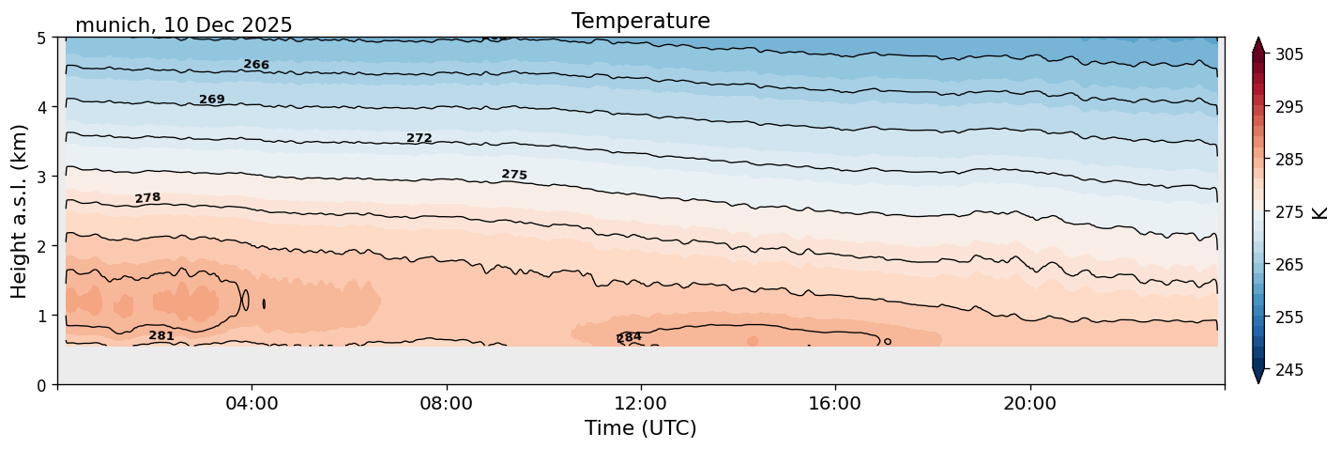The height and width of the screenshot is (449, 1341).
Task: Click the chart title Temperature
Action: [640, 21]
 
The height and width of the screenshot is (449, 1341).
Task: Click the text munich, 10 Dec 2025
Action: [183, 25]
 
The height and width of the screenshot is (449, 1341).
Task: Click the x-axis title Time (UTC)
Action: [640, 428]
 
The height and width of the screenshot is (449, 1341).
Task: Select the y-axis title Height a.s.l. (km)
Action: [20, 210]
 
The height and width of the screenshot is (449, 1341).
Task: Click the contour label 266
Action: [256, 65]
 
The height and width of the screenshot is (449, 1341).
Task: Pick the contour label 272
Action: [419, 139]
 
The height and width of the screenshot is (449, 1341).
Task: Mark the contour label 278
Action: [147, 198]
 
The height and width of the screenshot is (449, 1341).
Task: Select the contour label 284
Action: [629, 337]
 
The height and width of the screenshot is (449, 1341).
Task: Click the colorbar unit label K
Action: [1320, 212]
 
